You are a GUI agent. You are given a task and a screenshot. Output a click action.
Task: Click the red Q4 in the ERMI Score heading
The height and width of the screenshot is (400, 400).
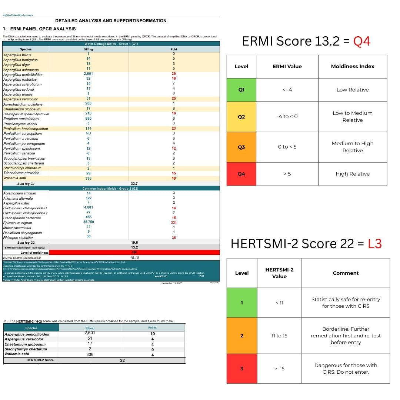[x=361, y=41]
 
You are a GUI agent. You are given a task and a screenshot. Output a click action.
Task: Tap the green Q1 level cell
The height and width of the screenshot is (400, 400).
[x=241, y=90]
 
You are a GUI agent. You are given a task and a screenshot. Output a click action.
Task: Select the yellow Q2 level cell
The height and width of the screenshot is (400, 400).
[x=241, y=117]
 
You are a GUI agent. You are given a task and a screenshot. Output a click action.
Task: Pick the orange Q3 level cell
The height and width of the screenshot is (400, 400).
[x=241, y=147]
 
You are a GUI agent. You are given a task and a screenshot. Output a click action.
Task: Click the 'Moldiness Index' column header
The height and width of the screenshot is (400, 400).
[x=352, y=67]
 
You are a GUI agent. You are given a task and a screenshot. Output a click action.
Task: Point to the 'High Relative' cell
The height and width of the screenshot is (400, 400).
[x=352, y=174]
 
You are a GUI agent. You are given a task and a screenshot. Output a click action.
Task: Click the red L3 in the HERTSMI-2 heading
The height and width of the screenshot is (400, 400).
[x=373, y=244]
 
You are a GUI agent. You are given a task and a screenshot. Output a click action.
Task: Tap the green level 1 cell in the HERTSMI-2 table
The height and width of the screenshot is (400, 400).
[x=242, y=303]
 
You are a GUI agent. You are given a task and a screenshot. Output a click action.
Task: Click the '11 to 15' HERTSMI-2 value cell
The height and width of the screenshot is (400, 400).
[x=279, y=336]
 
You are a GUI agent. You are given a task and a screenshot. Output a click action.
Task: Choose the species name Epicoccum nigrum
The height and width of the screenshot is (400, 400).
[x=18, y=223]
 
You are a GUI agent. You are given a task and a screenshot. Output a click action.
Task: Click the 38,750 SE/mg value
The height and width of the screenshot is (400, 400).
[x=89, y=222]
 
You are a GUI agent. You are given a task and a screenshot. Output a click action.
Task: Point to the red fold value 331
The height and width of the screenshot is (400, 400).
[x=174, y=223]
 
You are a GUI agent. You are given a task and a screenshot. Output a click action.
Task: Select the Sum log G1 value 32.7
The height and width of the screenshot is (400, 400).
[x=134, y=183]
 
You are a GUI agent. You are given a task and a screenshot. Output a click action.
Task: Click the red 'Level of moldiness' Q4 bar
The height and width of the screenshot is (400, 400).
[x=134, y=252]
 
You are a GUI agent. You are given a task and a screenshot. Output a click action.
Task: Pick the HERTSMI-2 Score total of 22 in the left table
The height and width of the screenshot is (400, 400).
[x=123, y=360]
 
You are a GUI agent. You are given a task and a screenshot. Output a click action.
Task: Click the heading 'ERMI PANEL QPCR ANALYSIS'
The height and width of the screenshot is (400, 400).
[x=43, y=29]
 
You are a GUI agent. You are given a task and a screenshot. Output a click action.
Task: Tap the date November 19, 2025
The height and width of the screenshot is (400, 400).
[x=172, y=283]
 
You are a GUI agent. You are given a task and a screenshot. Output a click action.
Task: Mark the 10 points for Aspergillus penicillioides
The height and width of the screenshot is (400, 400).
[x=152, y=334]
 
